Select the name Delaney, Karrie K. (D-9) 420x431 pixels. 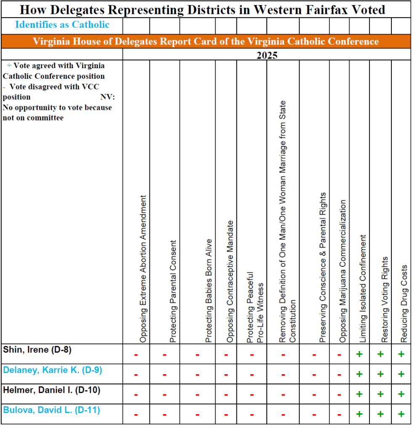pos(53,370)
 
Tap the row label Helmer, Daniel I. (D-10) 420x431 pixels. pos(51,390)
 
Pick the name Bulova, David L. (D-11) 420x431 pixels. pos(51,410)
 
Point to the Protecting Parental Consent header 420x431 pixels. pos(173,291)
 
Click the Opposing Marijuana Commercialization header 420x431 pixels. pos(343,271)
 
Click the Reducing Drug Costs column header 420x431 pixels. pos(404,303)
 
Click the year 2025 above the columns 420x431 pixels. pos(267,55)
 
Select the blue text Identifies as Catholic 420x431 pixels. pos(62,25)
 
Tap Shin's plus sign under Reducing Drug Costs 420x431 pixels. pos(401,354)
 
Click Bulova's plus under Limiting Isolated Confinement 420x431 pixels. pos(359,414)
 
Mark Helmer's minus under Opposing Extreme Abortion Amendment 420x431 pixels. pos(136,395)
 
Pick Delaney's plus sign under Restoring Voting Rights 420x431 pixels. pos(380,374)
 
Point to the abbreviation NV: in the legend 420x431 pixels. pos(108,97)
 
